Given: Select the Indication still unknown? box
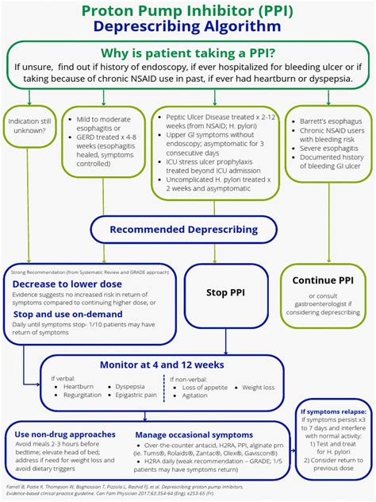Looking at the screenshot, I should click(29, 125).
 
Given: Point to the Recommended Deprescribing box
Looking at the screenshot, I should click(183, 230).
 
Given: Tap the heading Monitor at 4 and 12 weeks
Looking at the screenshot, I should click(163, 365).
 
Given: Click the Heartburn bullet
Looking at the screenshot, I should click(79, 386).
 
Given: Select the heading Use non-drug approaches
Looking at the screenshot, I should click(65, 434).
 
